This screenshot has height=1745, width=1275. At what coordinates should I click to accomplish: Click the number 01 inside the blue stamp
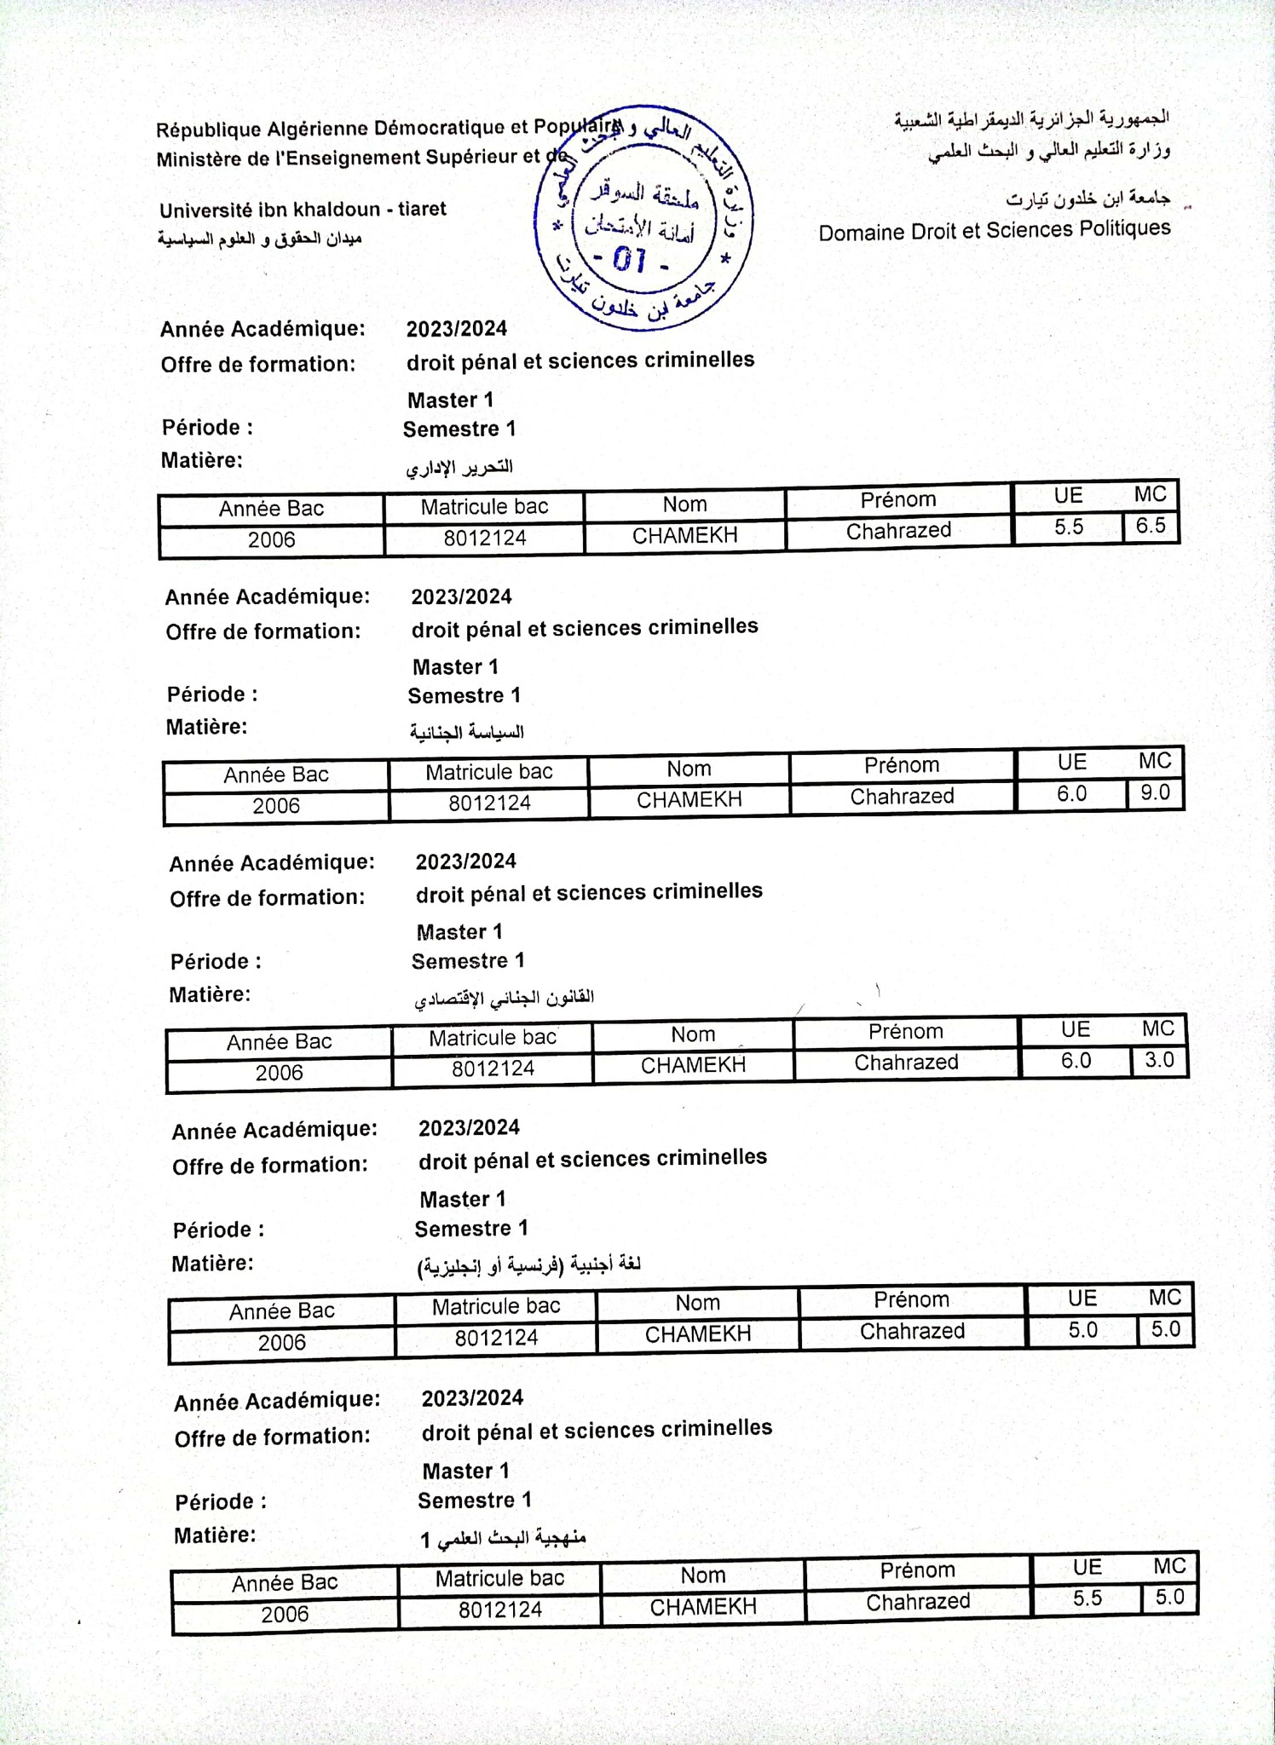630,259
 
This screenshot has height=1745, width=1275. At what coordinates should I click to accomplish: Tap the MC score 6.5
1150,526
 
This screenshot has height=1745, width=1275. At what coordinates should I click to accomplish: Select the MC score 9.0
1155,793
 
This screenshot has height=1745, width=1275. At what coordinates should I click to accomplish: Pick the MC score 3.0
1159,1060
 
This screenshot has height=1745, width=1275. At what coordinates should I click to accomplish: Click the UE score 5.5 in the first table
1069,527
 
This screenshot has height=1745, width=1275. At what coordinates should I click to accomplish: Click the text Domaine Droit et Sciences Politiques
995,231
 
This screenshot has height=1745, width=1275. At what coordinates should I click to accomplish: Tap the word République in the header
209,130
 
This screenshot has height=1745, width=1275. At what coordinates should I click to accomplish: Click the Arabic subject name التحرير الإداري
459,467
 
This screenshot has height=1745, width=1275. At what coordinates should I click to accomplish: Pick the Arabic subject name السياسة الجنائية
467,732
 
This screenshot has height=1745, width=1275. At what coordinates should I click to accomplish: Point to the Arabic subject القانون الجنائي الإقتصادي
505,998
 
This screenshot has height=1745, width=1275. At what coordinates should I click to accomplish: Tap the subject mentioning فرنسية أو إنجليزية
529,1265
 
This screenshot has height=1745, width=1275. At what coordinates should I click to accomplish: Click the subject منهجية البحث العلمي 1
504,1538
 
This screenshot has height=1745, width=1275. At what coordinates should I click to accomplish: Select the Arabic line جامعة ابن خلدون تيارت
1088,199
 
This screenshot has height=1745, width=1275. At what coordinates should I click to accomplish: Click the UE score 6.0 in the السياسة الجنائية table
1072,794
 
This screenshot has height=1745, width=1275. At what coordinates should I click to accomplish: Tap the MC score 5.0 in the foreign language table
1165,1329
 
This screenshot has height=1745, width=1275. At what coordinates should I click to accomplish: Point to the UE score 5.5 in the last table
1087,1598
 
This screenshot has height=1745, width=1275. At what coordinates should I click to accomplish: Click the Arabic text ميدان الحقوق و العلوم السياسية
260,239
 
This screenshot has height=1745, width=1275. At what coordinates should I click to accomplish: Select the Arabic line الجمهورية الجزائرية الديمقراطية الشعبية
1031,118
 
